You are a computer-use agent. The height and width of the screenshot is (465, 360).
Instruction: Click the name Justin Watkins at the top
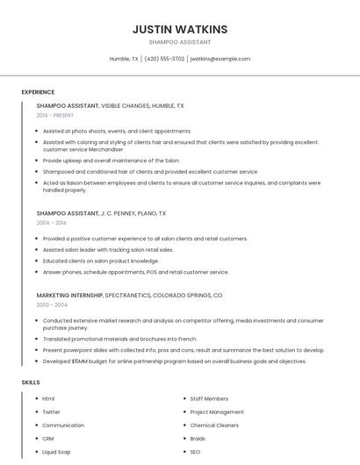(179, 29)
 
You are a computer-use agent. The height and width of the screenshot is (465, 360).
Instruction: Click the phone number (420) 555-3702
(164, 59)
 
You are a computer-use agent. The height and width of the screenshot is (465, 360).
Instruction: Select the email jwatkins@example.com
(220, 59)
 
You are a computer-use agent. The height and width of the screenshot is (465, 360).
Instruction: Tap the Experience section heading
(38, 92)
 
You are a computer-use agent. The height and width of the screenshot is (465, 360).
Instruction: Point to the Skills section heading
(31, 383)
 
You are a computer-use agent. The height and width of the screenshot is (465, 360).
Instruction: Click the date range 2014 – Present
(55, 115)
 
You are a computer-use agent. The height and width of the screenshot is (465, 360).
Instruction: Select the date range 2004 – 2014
(51, 223)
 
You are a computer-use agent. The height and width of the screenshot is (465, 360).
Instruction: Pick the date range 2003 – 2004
(52, 304)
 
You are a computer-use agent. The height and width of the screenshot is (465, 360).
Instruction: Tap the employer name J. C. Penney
(119, 213)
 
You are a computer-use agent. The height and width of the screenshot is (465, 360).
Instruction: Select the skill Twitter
(52, 411)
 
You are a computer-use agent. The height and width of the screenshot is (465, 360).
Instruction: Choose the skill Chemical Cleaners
(214, 425)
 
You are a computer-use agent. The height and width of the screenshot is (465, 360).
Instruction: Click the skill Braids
(198, 438)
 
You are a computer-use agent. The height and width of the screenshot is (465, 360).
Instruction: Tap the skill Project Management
(217, 411)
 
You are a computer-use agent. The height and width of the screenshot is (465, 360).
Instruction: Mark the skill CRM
(48, 438)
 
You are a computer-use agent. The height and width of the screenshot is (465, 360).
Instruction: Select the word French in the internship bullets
(188, 339)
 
